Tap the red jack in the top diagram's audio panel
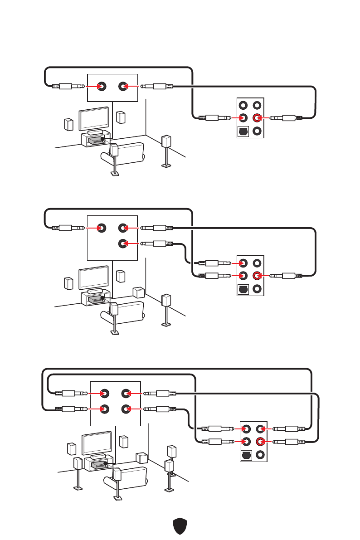257,118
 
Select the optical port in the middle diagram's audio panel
243,289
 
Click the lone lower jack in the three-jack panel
122,243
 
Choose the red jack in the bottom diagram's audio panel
259,441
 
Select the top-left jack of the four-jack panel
104,393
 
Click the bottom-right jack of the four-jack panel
125,409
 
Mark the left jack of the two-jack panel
102,86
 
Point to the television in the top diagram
94,118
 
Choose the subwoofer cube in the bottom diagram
142,457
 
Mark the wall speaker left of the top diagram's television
68,125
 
